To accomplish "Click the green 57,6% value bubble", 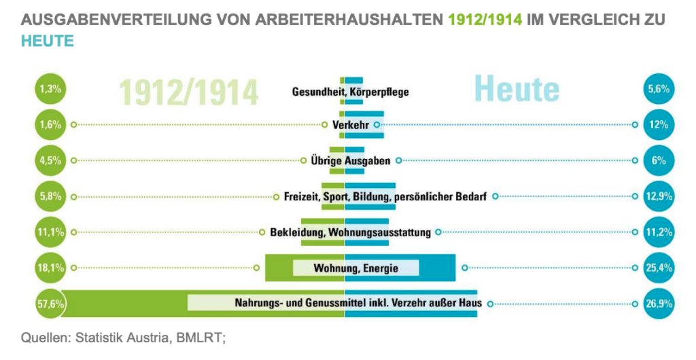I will click(51, 304).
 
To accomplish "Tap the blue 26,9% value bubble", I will click(659, 304).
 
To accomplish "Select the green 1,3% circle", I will click(51, 89).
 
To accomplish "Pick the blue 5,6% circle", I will click(659, 89).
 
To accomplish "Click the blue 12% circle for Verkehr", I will click(659, 125).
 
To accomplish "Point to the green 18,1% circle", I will click(51, 268).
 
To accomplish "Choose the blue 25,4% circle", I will click(659, 268).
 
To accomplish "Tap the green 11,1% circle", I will click(51, 232).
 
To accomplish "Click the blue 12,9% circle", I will click(659, 196).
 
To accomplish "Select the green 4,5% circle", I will click(51, 161).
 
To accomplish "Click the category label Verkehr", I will click(351, 125).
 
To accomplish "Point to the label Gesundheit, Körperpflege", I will click(350, 92).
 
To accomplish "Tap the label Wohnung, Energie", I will click(355, 268).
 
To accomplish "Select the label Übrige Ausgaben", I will click(351, 161).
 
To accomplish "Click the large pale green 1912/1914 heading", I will click(189, 92).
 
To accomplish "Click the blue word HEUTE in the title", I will click(47, 40).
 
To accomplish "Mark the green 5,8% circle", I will click(51, 196).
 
